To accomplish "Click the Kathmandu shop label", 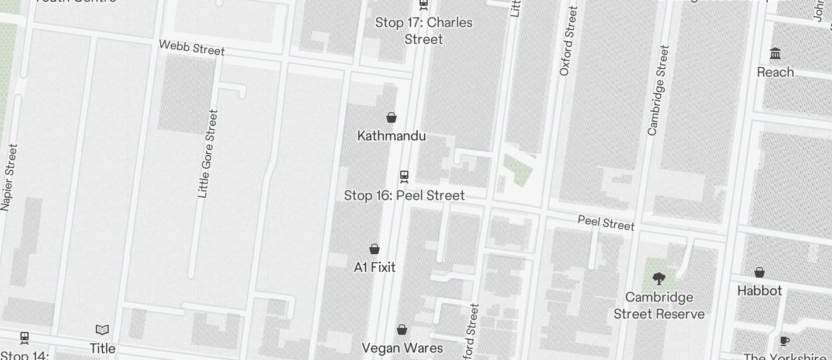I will pyautogui.click(x=391, y=136).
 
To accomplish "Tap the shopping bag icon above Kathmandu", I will pyautogui.click(x=391, y=117).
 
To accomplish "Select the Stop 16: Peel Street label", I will pyautogui.click(x=404, y=195).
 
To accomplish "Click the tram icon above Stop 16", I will pyautogui.click(x=404, y=176).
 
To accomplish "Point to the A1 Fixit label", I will pyautogui.click(x=375, y=267).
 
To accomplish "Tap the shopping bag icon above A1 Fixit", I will pyautogui.click(x=375, y=249).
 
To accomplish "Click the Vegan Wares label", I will pyautogui.click(x=402, y=348).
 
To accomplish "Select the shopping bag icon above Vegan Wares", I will pyautogui.click(x=402, y=330).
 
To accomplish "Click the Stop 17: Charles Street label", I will pyautogui.click(x=424, y=30).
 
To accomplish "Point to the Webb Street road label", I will pyautogui.click(x=192, y=47).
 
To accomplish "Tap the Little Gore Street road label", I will pyautogui.click(x=207, y=154).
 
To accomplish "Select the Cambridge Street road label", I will pyautogui.click(x=657, y=90).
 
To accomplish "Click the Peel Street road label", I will pyautogui.click(x=606, y=223).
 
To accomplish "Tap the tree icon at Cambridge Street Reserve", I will pyautogui.click(x=658, y=278).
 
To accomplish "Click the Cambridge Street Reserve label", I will pyautogui.click(x=659, y=306).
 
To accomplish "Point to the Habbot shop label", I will pyautogui.click(x=760, y=290).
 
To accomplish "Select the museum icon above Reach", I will pyautogui.click(x=775, y=54).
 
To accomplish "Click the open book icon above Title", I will pyautogui.click(x=102, y=330).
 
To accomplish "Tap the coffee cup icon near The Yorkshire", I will pyautogui.click(x=784, y=341).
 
